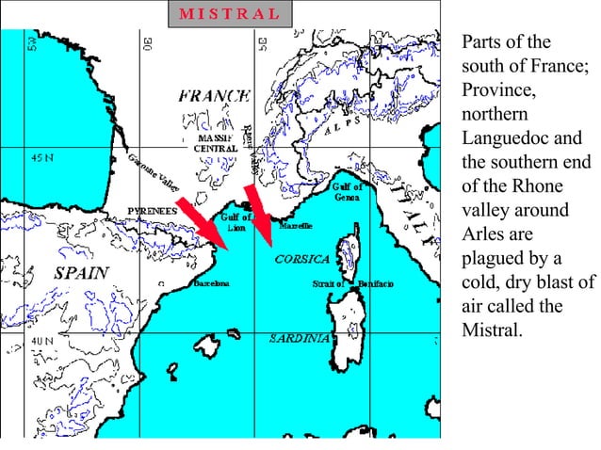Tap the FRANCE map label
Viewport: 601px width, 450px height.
tap(215, 95)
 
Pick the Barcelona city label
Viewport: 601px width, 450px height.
tap(211, 283)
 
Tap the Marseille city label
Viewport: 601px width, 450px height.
tap(295, 227)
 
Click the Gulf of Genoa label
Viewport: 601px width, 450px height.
tap(346, 192)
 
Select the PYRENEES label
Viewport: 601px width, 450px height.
tap(154, 212)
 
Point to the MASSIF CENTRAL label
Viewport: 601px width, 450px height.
tap(215, 143)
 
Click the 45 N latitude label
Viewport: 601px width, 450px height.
tap(42, 157)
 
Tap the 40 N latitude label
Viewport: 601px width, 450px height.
tap(42, 339)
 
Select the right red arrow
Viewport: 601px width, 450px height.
tap(258, 213)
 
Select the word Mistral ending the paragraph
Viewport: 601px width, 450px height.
tap(491, 331)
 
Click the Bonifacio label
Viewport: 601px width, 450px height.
tap(375, 283)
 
